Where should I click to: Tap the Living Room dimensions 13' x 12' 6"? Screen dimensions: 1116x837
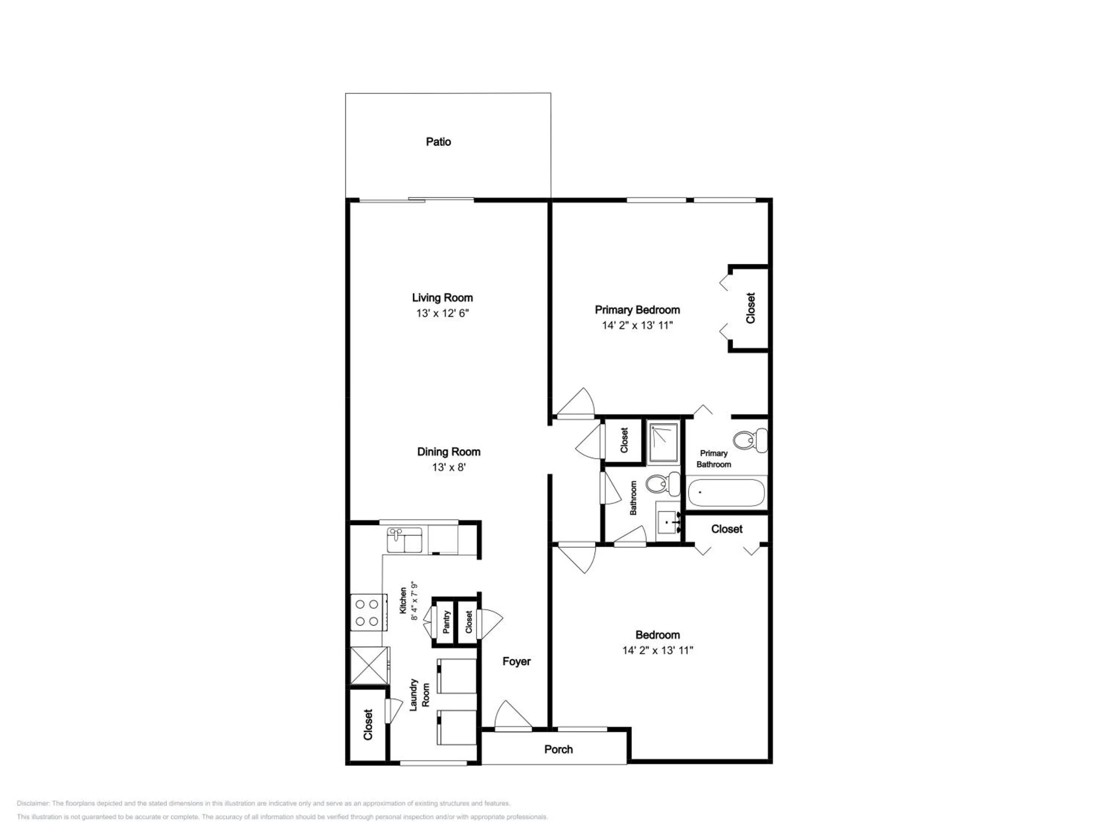442,313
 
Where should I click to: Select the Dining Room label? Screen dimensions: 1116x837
449,452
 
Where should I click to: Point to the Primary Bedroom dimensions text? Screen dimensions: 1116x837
637,325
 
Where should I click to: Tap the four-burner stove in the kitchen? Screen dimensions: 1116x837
369,612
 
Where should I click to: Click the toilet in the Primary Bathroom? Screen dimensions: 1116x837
750,440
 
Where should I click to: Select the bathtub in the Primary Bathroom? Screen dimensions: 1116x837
727,493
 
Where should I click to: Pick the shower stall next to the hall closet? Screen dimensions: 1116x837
663,442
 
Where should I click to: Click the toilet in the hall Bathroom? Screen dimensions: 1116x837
663,484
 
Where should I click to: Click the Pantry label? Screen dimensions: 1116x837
446,622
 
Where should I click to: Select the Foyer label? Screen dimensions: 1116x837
517,661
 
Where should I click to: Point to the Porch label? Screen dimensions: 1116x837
558,749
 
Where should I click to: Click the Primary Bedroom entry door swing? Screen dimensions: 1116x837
575,403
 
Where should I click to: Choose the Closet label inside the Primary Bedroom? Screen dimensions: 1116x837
751,308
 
